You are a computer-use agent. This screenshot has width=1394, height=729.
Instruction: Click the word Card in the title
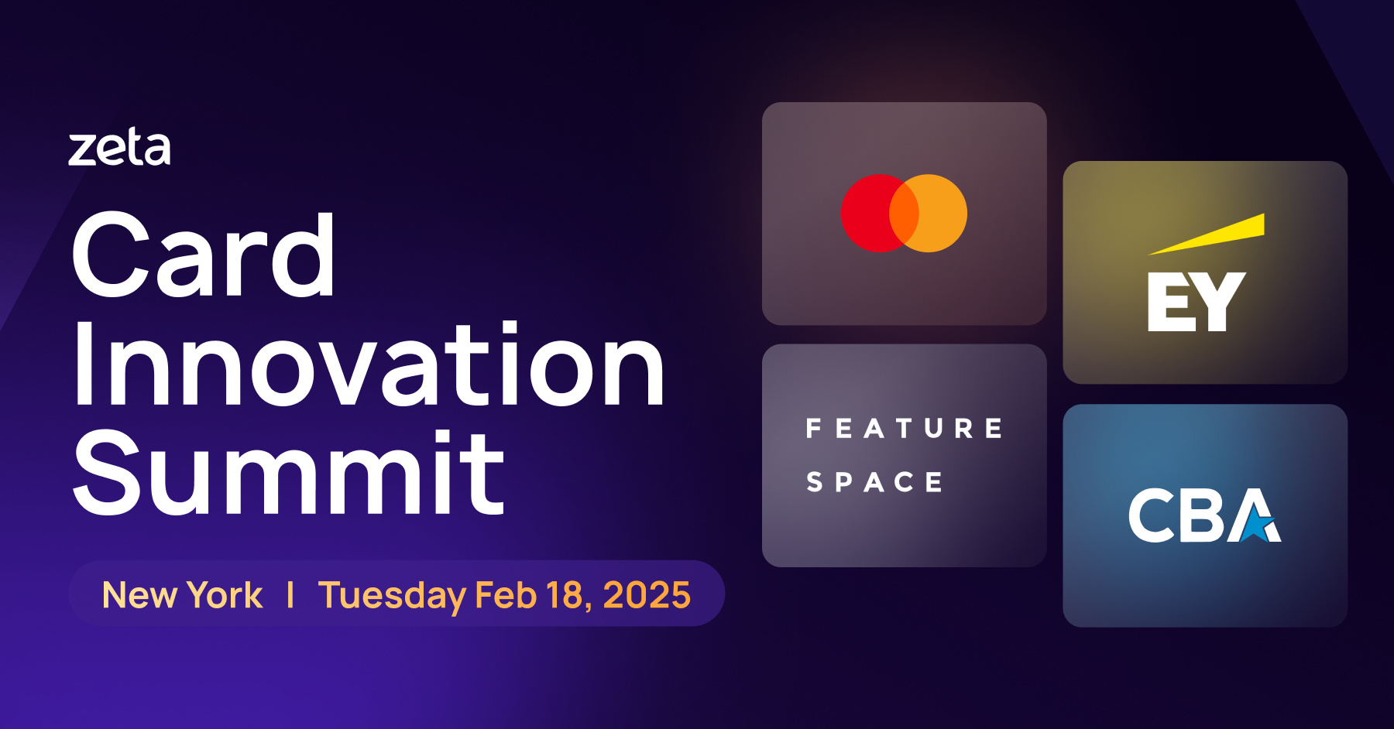(203, 255)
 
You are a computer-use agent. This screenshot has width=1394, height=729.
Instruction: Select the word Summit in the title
(288, 474)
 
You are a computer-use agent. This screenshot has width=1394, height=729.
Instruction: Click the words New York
(182, 595)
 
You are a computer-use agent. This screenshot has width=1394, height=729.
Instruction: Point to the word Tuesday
(392, 595)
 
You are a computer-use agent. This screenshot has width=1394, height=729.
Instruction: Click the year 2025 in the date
(646, 595)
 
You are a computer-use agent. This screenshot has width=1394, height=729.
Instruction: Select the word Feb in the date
(505, 595)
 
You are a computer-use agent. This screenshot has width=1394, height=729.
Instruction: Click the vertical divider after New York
(290, 595)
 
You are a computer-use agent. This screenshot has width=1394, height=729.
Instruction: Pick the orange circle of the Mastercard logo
(941, 213)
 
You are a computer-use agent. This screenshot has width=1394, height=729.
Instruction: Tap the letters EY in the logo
(1196, 302)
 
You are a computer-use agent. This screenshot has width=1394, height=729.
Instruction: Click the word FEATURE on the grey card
(904, 428)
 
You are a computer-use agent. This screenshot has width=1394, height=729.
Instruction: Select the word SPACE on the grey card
(874, 482)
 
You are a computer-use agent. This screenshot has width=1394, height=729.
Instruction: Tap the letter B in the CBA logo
(1202, 515)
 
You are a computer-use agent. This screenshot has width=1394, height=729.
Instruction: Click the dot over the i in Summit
(441, 440)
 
